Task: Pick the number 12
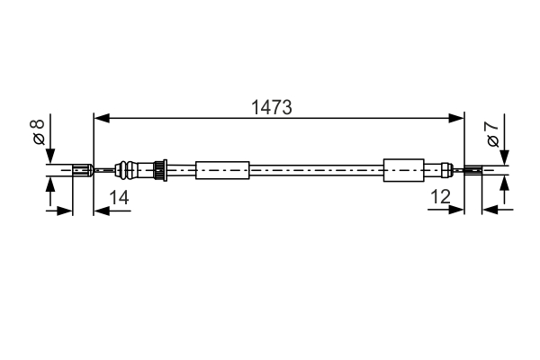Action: click(x=440, y=196)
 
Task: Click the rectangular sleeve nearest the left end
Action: click(x=221, y=168)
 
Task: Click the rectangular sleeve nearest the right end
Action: click(x=403, y=168)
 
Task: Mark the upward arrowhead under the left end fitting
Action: click(x=50, y=183)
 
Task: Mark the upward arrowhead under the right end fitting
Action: click(x=504, y=183)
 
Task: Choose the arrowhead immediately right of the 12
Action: click(x=457, y=211)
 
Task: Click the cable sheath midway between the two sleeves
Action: click(x=315, y=168)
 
